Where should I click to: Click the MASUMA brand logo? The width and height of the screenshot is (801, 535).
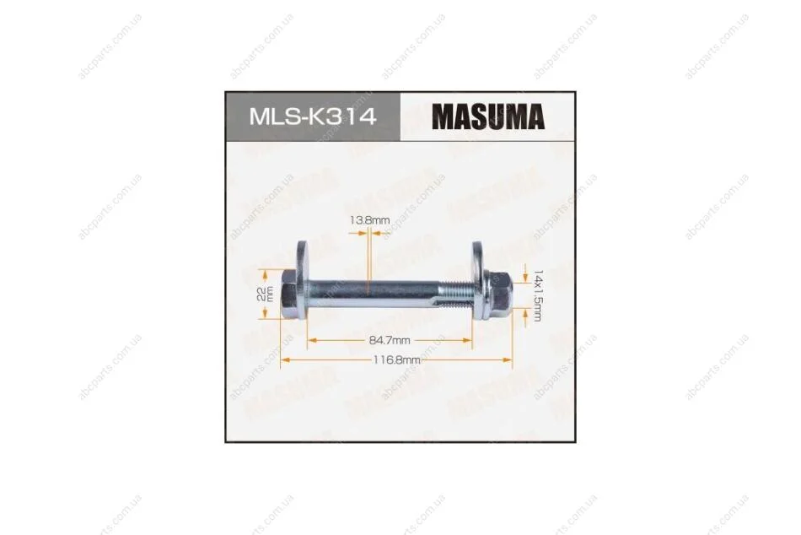click(x=488, y=116)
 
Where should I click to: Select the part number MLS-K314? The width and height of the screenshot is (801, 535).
click(x=313, y=116)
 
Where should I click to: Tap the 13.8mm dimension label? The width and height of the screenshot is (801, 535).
click(x=369, y=220)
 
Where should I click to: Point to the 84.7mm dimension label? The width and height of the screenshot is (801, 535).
click(x=390, y=340)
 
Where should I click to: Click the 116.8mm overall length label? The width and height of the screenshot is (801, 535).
click(x=396, y=360)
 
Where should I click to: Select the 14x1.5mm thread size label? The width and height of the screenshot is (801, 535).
click(x=537, y=295)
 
